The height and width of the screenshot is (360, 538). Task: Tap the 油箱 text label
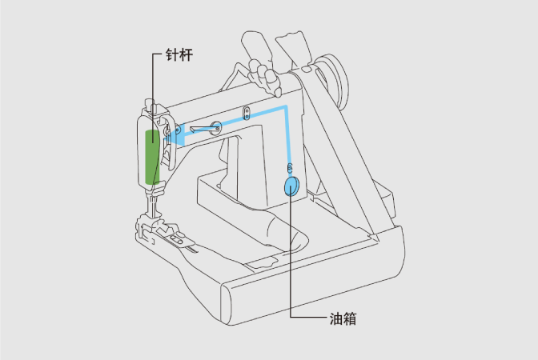[x=342, y=318]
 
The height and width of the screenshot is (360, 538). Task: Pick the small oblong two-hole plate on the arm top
[x=247, y=111]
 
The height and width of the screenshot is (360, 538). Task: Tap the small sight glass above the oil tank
[x=289, y=167]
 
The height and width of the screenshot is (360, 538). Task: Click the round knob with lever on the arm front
[x=215, y=125]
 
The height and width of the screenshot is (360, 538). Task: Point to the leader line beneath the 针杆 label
[x=152, y=80]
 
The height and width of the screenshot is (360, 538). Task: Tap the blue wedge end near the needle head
[x=179, y=137]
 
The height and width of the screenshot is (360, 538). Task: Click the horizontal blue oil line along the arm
[x=240, y=117]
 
